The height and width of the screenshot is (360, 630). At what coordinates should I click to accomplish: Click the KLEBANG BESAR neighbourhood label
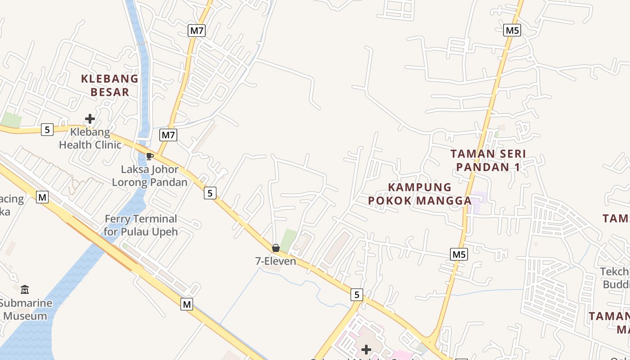point(110,85)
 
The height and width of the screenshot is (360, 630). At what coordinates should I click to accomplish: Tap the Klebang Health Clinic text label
point(90,139)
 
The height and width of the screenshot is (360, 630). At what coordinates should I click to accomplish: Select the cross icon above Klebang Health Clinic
point(90,119)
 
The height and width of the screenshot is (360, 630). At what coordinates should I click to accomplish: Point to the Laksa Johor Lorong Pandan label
point(150,176)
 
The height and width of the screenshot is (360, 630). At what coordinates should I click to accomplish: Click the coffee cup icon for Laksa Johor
point(149,156)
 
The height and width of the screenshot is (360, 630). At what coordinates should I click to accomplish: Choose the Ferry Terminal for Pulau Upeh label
point(140,225)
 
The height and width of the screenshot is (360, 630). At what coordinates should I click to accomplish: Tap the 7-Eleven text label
point(275,261)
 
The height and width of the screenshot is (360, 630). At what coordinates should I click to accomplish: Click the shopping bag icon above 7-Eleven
point(275,248)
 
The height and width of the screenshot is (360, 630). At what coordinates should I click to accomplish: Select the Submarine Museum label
point(26,309)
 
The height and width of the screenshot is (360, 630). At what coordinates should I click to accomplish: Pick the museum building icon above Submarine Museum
point(25,289)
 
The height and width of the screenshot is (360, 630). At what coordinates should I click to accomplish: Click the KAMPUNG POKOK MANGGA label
point(419,194)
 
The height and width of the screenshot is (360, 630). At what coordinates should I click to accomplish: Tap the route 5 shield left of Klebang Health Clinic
point(47,130)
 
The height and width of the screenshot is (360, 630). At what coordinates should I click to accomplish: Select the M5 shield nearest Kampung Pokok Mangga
point(459,254)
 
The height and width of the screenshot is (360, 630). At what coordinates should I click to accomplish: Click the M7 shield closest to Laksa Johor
point(168,135)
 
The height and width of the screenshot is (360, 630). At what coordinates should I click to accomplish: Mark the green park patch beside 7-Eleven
point(288,239)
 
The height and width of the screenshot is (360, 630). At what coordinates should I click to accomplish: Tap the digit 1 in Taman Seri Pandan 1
point(517,167)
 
